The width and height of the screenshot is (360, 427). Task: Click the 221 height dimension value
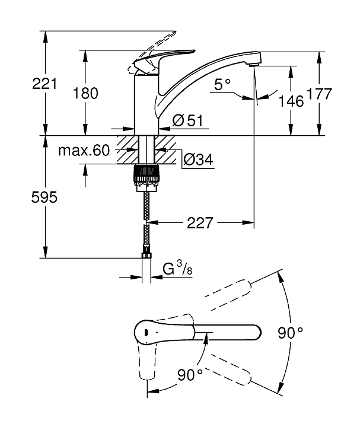tap(44, 84)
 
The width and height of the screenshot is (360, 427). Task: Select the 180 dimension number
tap(85, 93)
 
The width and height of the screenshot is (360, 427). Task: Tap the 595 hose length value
tap(44, 197)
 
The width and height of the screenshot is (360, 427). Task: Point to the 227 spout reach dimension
tap(200, 223)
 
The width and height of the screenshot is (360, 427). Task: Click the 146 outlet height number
tap(291, 101)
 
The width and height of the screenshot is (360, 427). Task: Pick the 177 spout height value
tap(320, 94)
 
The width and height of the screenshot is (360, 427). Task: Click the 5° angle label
tap(222, 84)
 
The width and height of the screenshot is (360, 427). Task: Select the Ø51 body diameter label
tap(188, 120)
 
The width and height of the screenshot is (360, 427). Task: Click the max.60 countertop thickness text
tap(84, 150)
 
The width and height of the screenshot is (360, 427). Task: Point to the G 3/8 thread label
tap(177, 268)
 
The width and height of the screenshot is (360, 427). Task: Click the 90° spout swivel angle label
tap(290, 333)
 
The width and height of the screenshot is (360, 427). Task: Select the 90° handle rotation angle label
tap(190, 375)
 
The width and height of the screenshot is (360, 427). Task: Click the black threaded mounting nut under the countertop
tap(146, 177)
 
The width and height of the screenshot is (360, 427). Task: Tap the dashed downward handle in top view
tap(147, 360)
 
